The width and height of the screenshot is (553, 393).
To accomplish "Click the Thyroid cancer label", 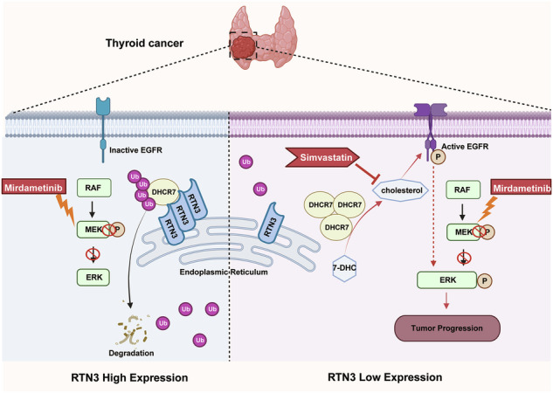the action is pyautogui.click(x=145, y=44).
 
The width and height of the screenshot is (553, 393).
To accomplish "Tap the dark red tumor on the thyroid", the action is pyautogui.click(x=243, y=45).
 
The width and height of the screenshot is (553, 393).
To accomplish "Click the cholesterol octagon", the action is pyautogui.click(x=401, y=190).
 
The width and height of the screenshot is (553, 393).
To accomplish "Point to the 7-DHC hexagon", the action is pyautogui.click(x=344, y=268).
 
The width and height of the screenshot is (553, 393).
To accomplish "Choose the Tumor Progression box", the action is pyautogui.click(x=446, y=328).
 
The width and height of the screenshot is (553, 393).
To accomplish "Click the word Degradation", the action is pyautogui.click(x=131, y=353).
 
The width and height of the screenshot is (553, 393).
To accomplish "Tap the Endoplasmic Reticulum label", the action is pyautogui.click(x=224, y=272).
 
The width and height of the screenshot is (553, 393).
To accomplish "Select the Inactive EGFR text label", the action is pyautogui.click(x=135, y=150).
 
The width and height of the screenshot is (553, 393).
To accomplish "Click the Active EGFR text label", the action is pyautogui.click(x=465, y=146).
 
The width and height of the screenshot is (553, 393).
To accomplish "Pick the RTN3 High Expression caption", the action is pyautogui.click(x=129, y=378).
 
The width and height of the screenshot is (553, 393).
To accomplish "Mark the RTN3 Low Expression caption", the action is pyautogui.click(x=384, y=377).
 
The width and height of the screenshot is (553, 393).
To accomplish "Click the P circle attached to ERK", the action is pyautogui.click(x=485, y=280).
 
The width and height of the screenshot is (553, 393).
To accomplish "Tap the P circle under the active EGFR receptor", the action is pyautogui.click(x=438, y=157).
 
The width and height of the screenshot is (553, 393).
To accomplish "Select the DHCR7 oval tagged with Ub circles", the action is pyautogui.click(x=163, y=192).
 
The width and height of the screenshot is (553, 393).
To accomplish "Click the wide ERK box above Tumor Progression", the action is pyautogui.click(x=447, y=279).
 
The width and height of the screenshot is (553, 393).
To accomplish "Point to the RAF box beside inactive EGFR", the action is pyautogui.click(x=94, y=188).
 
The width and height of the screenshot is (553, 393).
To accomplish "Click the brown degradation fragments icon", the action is pyautogui.click(x=131, y=330).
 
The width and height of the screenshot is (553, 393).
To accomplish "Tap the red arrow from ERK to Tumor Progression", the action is pyautogui.click(x=446, y=300).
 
